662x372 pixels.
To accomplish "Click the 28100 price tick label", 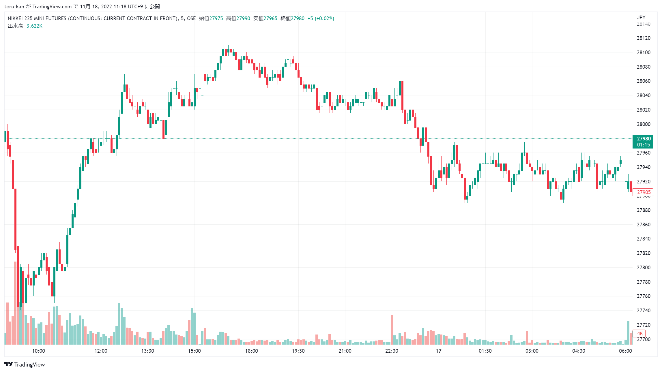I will coord(644,52).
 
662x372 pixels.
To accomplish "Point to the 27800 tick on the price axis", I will coord(644,268).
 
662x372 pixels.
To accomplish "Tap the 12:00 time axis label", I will coord(101,351).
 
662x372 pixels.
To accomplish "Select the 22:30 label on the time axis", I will coord(392,351).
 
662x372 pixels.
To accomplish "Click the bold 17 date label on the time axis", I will coord(438,351).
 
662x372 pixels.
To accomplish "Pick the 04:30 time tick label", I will coord(579,351).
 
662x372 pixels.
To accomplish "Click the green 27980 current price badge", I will coord(643,142).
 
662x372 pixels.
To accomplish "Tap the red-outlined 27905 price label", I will coord(644,192).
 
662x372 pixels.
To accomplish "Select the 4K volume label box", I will coord(639,334).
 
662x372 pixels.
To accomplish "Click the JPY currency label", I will coord(641,18).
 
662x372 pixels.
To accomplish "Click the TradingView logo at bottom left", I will coord(25,365).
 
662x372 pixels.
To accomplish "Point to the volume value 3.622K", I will coord(34,26).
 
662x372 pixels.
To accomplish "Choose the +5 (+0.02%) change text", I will coord(321,18).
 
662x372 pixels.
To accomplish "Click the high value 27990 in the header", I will coord(243,18).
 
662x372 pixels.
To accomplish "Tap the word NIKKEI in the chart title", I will coord(15,18).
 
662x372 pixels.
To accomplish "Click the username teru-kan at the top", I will coord(14,7).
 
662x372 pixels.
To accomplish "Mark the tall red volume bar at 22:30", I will coord(392,330).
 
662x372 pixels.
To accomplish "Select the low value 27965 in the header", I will coord(270,18).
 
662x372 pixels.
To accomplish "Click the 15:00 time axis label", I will coord(194,351).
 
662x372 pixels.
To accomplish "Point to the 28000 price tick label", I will coord(644,124).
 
